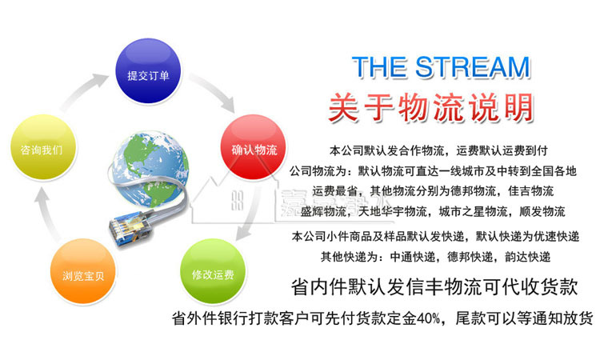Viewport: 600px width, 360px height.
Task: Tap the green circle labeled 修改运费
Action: (x=213, y=274)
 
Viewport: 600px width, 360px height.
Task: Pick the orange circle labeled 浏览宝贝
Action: (x=83, y=274)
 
